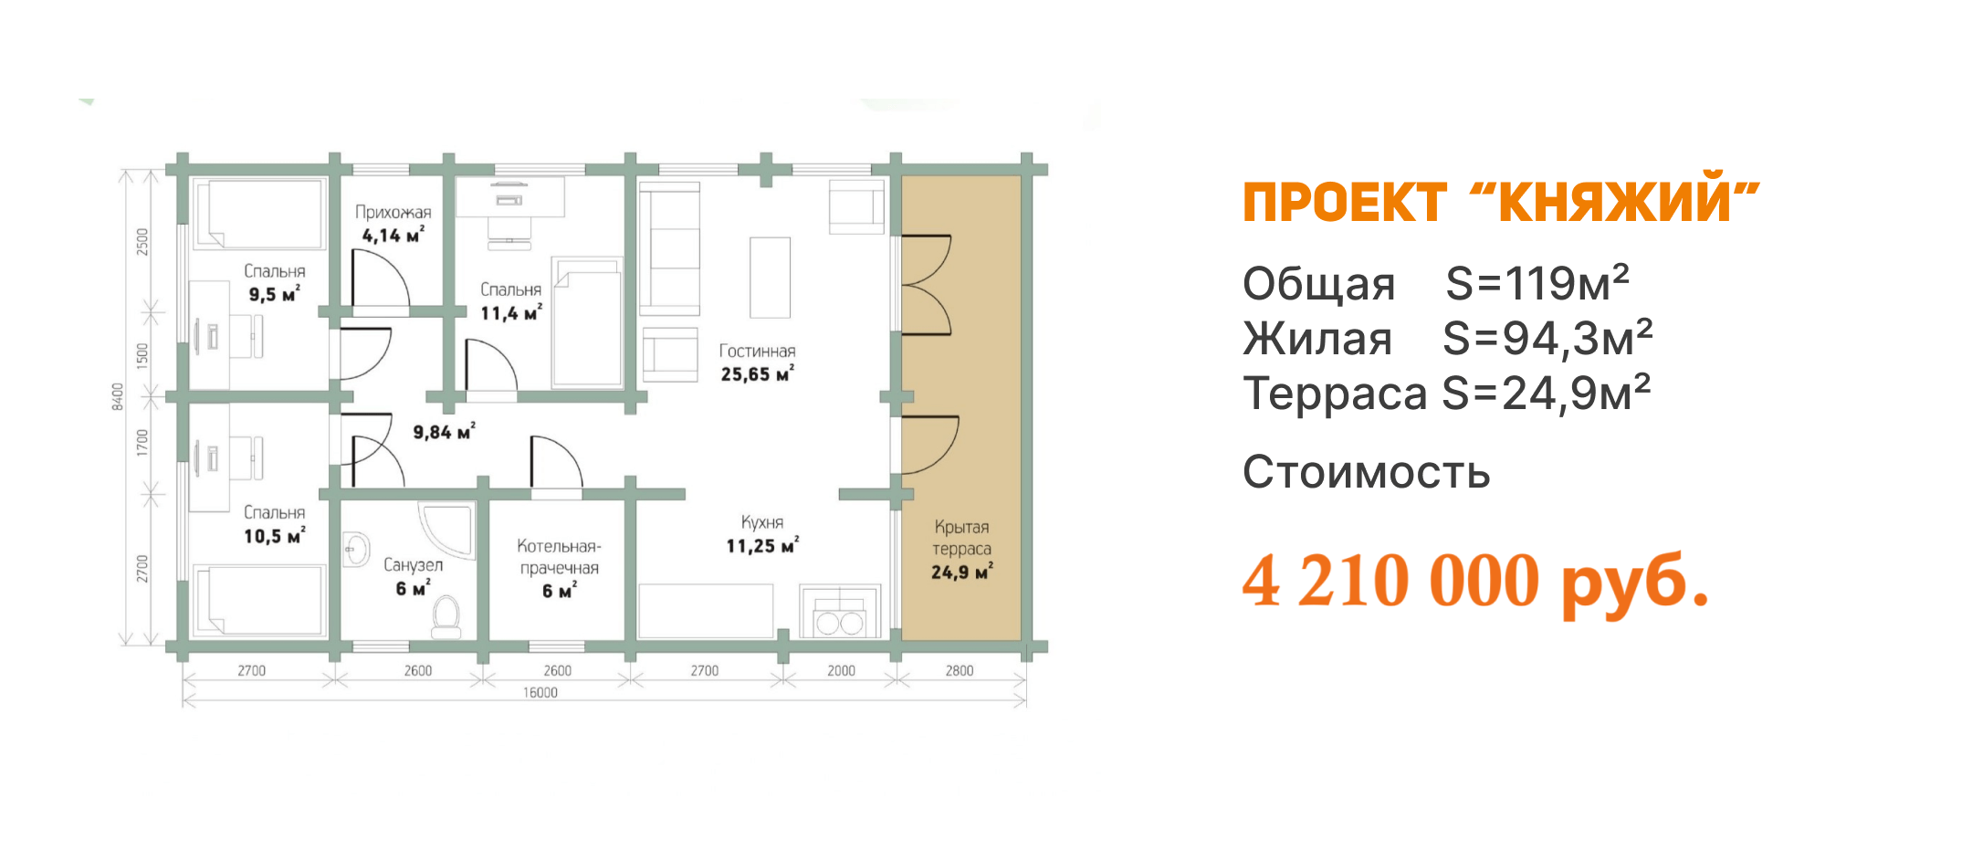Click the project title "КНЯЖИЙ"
point(1616,203)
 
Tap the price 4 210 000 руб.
point(1474,582)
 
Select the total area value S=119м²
point(1537,284)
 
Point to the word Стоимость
point(1366,473)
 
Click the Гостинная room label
point(757,352)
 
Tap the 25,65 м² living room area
point(757,374)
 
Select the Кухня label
point(762,522)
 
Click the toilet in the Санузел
point(446,617)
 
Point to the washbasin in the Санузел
point(355,550)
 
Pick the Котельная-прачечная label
point(559,557)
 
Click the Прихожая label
point(393,213)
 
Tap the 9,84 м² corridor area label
point(444,432)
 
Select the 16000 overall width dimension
point(540,693)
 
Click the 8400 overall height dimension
point(118,396)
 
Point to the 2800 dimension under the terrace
point(959,671)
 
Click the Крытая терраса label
point(961,538)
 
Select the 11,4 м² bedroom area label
point(511,313)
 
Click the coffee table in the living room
point(770,278)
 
